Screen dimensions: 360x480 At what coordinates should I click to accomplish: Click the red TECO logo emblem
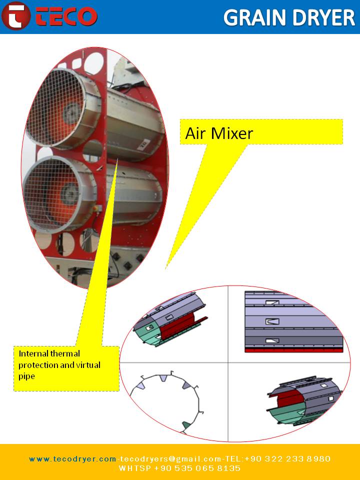[x=16, y=16]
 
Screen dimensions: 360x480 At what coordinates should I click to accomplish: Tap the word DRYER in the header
[x=323, y=17]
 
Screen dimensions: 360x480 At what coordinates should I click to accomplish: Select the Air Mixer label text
[x=219, y=133]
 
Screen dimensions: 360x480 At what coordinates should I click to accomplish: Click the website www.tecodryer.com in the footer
[x=72, y=458]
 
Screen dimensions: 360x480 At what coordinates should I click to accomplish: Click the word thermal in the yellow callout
[x=65, y=353]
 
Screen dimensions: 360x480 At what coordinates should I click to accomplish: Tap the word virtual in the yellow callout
[x=88, y=365]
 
